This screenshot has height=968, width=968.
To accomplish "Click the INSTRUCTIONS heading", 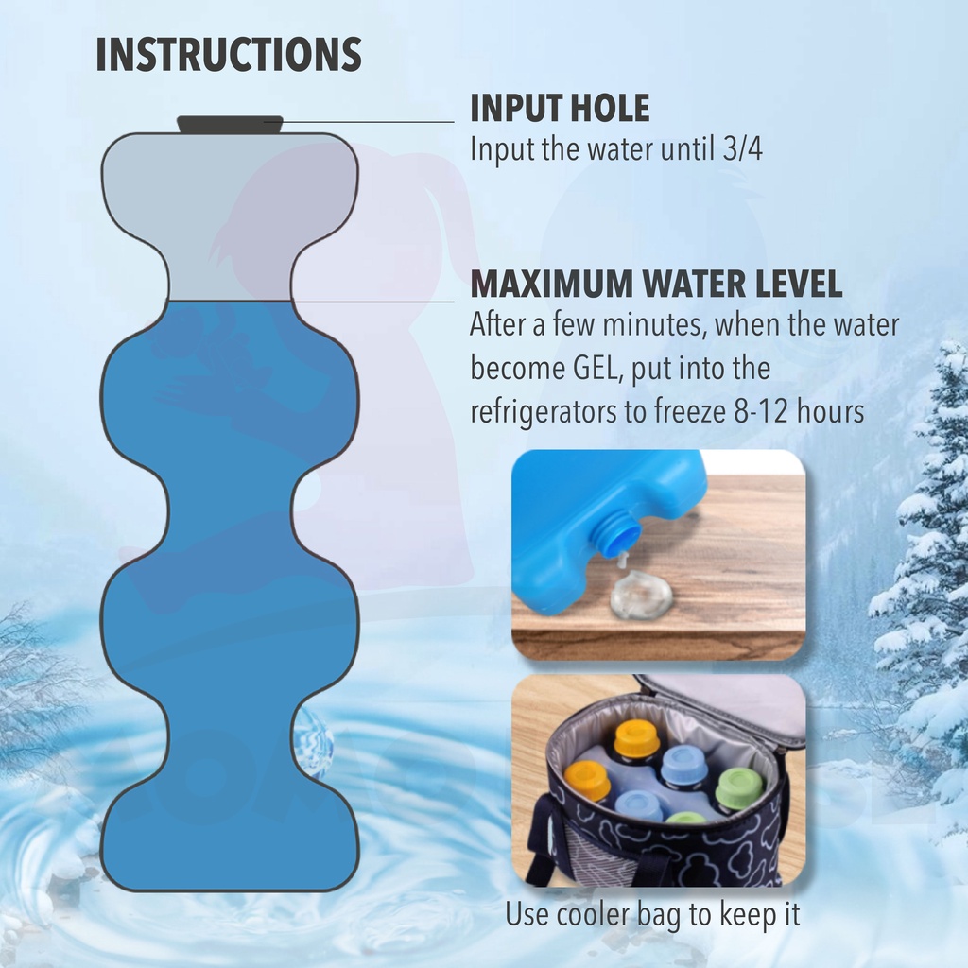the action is pyautogui.click(x=229, y=54).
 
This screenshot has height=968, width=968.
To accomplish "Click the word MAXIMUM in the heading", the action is pyautogui.click(x=552, y=284).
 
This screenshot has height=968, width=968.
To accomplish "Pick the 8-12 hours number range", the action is pyautogui.click(x=799, y=411).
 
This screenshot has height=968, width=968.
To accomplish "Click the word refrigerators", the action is pyautogui.click(x=544, y=412).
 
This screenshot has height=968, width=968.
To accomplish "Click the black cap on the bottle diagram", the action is pyautogui.click(x=231, y=124).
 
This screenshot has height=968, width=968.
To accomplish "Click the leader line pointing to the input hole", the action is pyautogui.click(x=359, y=122).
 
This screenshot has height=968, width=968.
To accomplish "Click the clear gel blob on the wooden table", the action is pyautogui.click(x=640, y=593).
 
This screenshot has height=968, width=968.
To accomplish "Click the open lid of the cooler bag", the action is pyautogui.click(x=722, y=703).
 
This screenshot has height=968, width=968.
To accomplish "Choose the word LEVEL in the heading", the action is pyautogui.click(x=799, y=284).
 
